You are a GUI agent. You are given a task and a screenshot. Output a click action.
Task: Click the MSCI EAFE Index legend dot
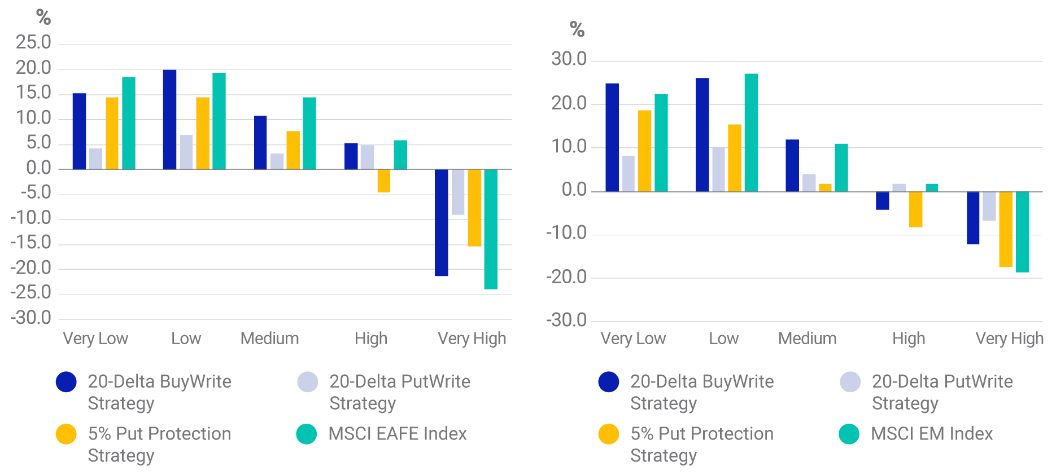tap(307, 434)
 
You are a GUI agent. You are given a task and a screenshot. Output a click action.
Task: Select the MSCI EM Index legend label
tap(932, 434)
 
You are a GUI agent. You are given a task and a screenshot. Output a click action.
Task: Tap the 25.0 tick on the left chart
tap(33, 42)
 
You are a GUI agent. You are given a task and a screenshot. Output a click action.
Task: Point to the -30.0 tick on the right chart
tap(566, 321)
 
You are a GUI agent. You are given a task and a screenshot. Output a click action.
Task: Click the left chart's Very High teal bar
tap(491, 229)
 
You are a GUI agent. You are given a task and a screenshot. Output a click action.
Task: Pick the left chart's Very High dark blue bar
tap(441, 222)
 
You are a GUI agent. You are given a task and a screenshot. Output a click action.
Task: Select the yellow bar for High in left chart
tap(384, 181)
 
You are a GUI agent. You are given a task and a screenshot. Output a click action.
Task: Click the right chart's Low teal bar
tap(751, 133)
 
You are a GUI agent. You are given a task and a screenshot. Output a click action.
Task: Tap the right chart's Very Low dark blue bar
tap(612, 138)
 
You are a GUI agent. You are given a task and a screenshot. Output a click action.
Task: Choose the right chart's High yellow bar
tap(915, 209)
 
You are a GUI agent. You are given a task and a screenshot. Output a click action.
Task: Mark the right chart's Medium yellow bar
tap(825, 188)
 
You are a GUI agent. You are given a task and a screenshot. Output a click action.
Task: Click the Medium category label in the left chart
tap(269, 339)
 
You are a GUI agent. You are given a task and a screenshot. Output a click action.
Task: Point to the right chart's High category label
tap(909, 339)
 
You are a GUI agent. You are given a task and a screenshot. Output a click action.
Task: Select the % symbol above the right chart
tap(577, 29)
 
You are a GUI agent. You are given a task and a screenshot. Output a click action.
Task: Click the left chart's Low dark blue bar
tap(169, 120)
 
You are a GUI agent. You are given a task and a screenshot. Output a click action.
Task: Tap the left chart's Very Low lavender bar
tap(95, 159)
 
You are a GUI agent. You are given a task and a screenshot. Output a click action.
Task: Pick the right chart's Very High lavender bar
tap(989, 206)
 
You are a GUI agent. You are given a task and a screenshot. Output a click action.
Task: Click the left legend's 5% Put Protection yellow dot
tap(66, 434)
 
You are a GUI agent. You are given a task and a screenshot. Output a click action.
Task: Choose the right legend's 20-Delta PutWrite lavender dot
tap(850, 382)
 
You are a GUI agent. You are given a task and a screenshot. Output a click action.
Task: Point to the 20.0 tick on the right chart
tap(569, 103)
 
